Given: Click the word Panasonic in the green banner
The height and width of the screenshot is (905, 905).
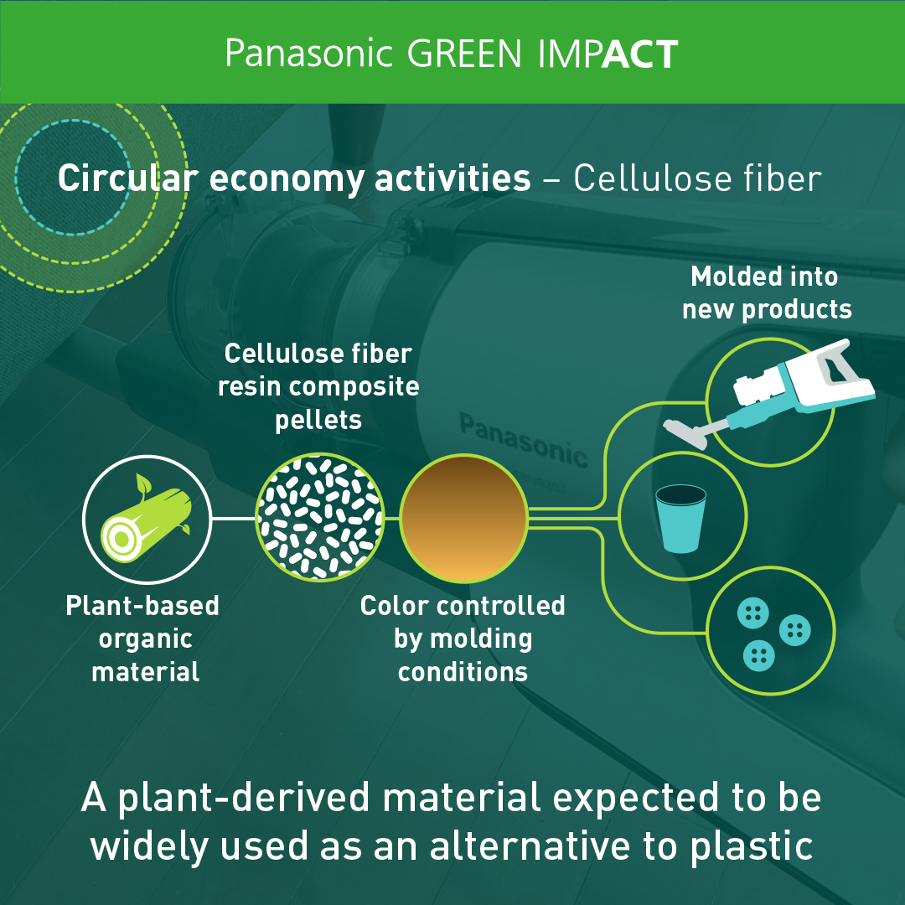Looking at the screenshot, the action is [x=308, y=54].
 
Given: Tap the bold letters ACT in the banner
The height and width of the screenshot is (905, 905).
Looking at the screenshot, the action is [x=639, y=54].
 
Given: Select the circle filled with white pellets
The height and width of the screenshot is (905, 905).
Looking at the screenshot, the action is [x=320, y=517].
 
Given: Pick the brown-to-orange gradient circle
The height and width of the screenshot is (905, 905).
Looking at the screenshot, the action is [x=464, y=518].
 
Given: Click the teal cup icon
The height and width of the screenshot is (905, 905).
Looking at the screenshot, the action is [x=681, y=519].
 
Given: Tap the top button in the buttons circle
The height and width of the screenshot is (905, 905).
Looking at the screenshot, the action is [x=753, y=613].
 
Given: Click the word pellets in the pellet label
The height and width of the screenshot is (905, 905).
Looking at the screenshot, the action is [x=318, y=421].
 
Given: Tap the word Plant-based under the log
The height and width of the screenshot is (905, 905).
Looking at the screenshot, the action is [x=142, y=606].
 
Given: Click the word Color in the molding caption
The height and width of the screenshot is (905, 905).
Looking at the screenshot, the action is [x=395, y=606].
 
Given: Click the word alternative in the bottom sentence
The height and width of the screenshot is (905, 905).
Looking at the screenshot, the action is [x=531, y=846].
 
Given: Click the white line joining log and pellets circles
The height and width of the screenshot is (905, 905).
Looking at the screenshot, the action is [x=234, y=519].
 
